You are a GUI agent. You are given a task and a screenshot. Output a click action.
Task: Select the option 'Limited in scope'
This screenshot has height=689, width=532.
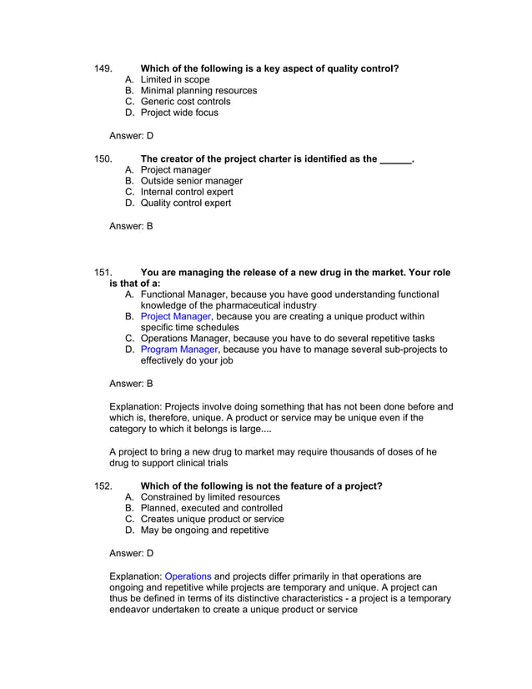pos(175,79)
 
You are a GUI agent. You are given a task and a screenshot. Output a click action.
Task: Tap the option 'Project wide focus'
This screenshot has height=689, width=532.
pos(179,113)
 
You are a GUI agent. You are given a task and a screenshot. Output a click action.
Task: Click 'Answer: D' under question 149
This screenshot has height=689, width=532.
pos(132,135)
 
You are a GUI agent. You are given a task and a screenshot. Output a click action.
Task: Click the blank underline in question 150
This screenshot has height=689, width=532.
pos(395,158)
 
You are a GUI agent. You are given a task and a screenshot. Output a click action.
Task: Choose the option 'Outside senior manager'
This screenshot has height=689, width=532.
pos(192,181)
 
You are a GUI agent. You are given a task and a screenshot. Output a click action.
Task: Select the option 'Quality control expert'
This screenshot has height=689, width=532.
pos(186,203)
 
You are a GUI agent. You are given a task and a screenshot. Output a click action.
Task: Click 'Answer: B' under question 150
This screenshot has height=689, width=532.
pos(132,225)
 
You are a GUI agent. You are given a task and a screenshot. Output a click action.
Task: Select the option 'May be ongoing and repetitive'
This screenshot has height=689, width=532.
pos(204,530)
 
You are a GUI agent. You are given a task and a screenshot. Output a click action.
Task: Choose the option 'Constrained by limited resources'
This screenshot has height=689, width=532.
pos(210,497)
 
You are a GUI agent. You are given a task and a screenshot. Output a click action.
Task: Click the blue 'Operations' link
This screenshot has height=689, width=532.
pos(188,576)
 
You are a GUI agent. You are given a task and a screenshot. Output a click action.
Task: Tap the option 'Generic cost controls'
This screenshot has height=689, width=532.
pos(185,102)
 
